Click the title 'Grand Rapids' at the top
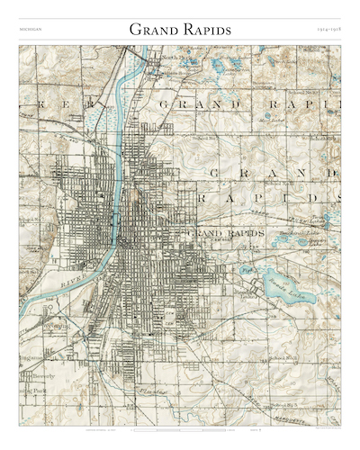coord(180,30)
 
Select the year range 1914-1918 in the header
coord(328,31)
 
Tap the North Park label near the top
coord(173,57)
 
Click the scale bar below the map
coord(180,432)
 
